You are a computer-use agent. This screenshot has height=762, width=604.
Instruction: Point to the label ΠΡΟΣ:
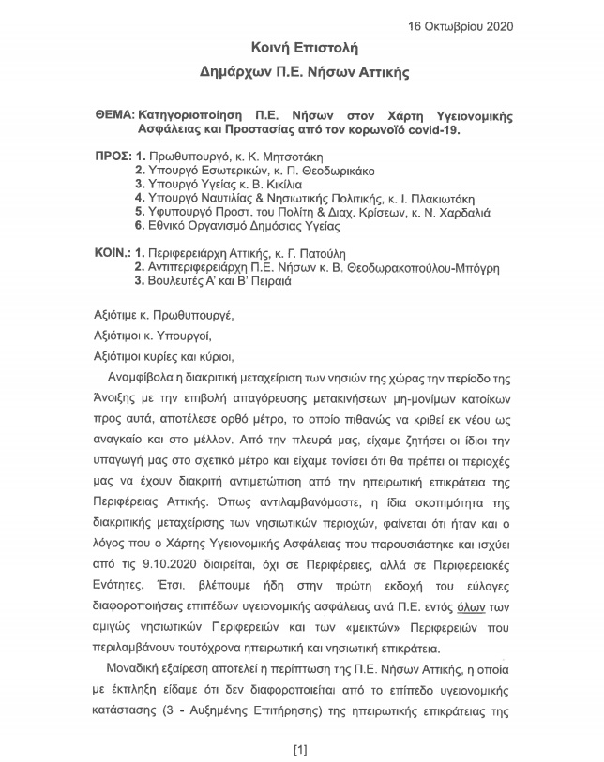113,156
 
